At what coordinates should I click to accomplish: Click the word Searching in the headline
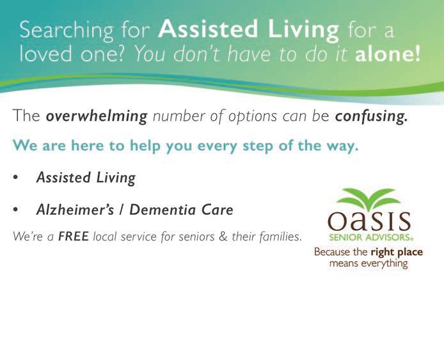point(67,31)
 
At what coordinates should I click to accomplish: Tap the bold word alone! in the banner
point(387,54)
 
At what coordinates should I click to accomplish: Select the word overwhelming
point(97,116)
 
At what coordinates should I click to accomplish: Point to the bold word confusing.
point(372,116)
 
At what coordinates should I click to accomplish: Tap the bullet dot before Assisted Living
point(15,177)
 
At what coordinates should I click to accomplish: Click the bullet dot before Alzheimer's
point(15,210)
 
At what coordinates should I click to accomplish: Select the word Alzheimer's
point(75,210)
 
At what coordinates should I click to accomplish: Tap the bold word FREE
point(74,236)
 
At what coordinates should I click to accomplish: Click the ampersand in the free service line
point(223,237)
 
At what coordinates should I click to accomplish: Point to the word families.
point(280,237)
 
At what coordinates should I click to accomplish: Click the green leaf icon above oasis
point(369,200)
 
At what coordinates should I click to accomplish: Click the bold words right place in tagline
point(397,252)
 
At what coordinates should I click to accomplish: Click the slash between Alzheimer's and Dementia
point(122,210)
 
